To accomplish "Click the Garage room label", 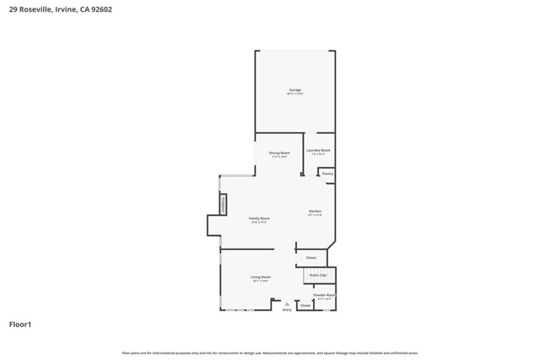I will coord(294,89).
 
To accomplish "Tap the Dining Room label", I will coord(279,153).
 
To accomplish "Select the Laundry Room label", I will coord(319,150).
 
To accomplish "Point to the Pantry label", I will coord(327,174).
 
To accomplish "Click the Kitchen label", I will coord(315,211).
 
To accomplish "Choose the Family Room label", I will coord(259,218).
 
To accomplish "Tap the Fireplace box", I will coord(224,203).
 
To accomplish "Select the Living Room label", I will coord(260,277).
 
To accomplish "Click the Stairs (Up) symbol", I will coord(319,275).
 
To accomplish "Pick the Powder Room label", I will coord(324,295).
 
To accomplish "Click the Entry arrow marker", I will coord(287,304).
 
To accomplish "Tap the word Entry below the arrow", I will coord(287,309).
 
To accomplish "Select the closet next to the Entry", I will coord(305,305).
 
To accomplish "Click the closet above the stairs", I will coord(311,257).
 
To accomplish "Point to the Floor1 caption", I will coord(20,324).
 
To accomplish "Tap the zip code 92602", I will coord(102,10).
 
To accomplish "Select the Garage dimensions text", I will coord(294,94).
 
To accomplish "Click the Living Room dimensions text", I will coord(260,281).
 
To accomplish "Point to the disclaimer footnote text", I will coord(270,353).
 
